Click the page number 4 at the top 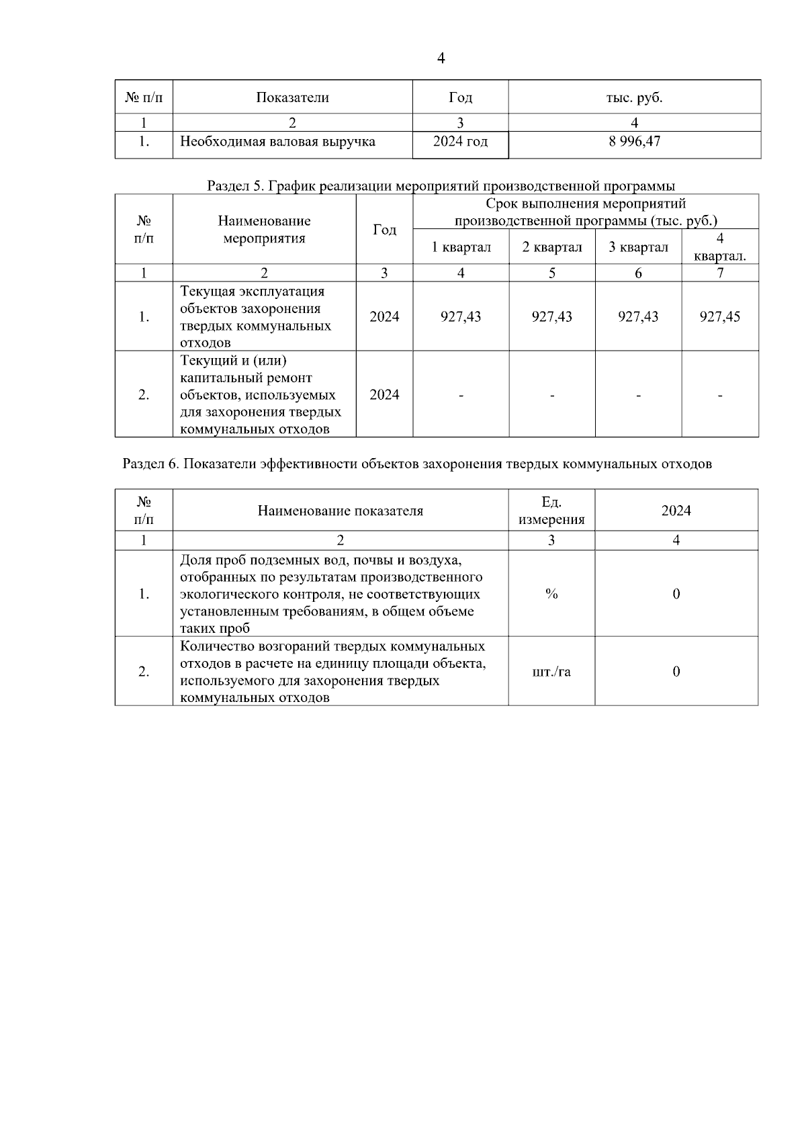pyautogui.click(x=441, y=58)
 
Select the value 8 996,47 pyautogui.click(x=634, y=142)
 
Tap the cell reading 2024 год pyautogui.click(x=460, y=142)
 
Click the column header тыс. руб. pyautogui.click(x=634, y=97)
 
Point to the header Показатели pyautogui.click(x=292, y=97)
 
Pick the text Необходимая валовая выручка pyautogui.click(x=277, y=142)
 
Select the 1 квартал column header pyautogui.click(x=461, y=247)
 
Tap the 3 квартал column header pyautogui.click(x=638, y=247)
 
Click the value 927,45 pyautogui.click(x=719, y=316)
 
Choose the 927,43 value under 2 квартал pyautogui.click(x=551, y=316)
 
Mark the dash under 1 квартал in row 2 pyautogui.click(x=461, y=395)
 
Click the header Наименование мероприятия pyautogui.click(x=264, y=230)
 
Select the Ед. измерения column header pyautogui.click(x=551, y=511)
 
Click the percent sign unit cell pyautogui.click(x=551, y=594)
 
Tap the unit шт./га pyautogui.click(x=551, y=671)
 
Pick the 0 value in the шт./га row pyautogui.click(x=676, y=671)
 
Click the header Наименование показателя pyautogui.click(x=340, y=511)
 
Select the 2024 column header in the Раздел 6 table pyautogui.click(x=676, y=511)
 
